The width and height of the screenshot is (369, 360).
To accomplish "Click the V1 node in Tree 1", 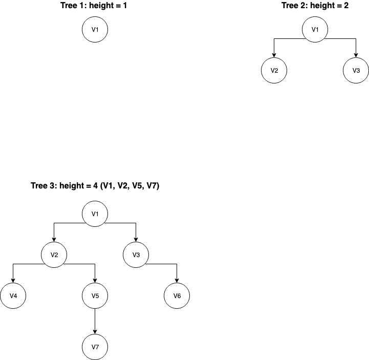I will [x=95, y=30].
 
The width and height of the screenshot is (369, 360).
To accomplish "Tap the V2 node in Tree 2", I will [x=274, y=71].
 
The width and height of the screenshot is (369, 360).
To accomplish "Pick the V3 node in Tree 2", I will [x=356, y=71].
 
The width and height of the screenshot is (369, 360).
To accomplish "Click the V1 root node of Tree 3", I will [x=95, y=214].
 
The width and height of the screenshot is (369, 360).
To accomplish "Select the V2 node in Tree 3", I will [x=54, y=255].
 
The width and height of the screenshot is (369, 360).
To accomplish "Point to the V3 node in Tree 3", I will [x=136, y=255].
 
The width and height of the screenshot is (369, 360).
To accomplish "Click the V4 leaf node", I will [x=13, y=295].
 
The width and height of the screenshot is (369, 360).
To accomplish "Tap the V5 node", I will [x=95, y=295].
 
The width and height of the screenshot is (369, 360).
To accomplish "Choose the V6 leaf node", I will [x=177, y=295].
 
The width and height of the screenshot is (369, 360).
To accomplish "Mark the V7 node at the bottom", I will [x=95, y=347].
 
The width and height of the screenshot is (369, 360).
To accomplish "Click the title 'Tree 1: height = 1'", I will [x=95, y=6].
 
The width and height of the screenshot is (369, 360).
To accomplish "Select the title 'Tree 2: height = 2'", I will [x=315, y=6].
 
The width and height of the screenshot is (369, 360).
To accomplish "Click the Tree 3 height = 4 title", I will [x=95, y=186].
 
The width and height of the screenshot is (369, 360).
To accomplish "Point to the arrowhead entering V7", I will [x=95, y=332].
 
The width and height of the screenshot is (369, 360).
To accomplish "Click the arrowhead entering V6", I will [x=177, y=281].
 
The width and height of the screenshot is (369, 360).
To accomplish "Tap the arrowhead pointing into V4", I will [x=13, y=281].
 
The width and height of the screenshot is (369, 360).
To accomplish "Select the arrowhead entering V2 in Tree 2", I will [x=274, y=56].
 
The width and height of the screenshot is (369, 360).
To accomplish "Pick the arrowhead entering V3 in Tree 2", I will [x=356, y=56].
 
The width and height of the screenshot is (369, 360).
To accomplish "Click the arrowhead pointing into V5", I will [x=95, y=281].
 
